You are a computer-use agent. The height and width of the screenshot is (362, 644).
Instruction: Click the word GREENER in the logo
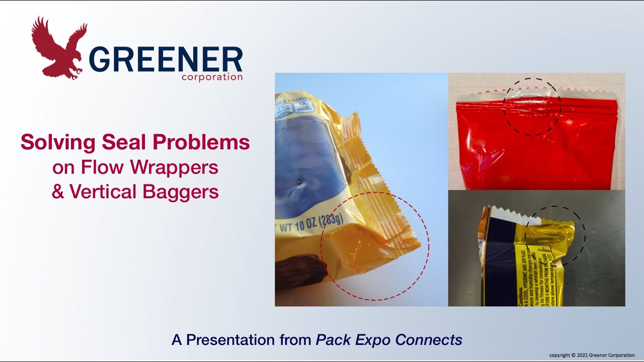(x=166, y=60)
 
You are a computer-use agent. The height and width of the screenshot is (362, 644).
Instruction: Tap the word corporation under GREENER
(x=212, y=77)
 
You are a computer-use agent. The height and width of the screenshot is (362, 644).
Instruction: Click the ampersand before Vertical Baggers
(x=58, y=192)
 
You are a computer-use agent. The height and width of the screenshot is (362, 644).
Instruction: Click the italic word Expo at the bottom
(x=374, y=340)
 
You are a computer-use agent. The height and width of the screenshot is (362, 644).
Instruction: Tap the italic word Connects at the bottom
(x=429, y=340)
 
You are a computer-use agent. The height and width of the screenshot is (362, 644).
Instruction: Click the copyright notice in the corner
(x=592, y=355)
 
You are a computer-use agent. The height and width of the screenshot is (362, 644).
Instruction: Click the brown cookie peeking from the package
(x=300, y=271)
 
